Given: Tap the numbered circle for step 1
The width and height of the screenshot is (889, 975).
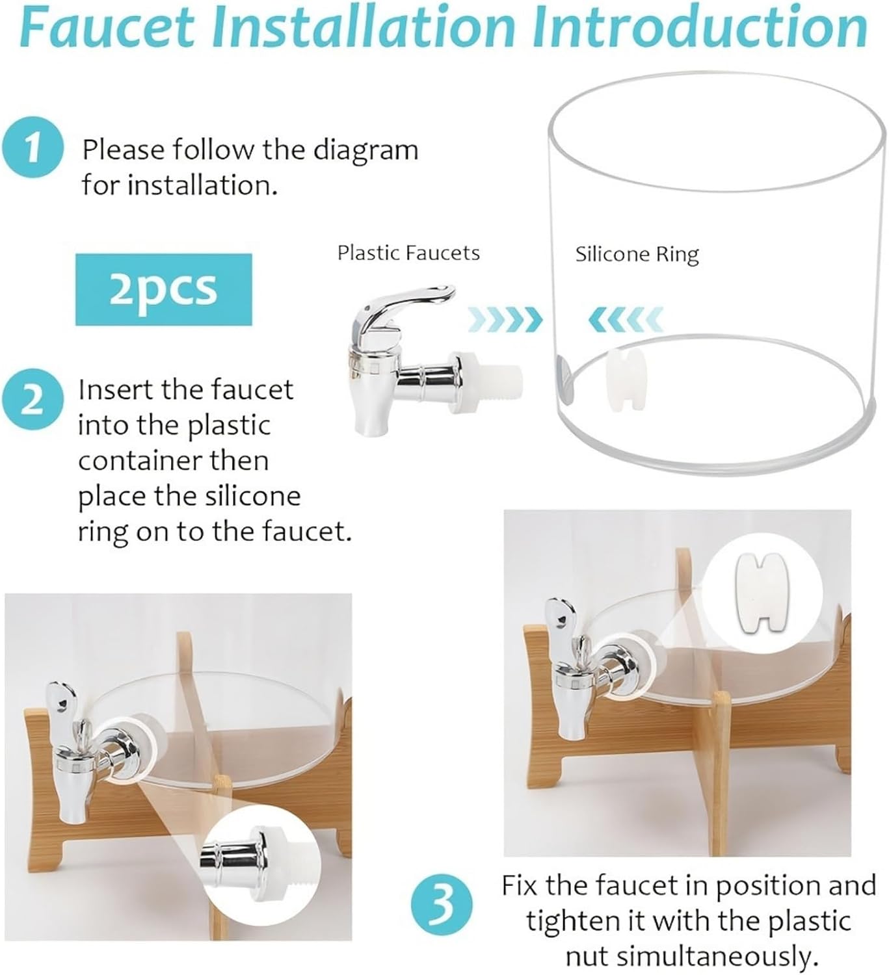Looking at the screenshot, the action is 33,148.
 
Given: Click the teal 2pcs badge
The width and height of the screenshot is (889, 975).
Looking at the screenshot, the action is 163,289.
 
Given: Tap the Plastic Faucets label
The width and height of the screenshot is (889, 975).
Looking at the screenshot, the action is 408,253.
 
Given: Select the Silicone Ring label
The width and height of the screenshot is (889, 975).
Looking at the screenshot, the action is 637,254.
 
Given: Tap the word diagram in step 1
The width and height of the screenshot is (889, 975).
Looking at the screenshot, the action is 365,150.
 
